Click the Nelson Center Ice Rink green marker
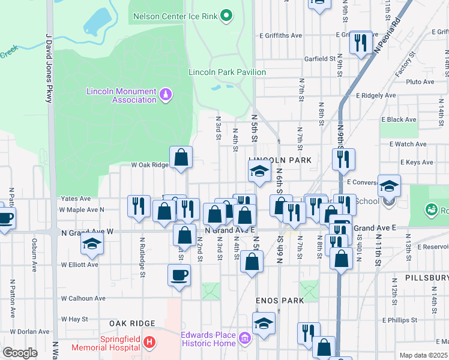[x=226, y=16]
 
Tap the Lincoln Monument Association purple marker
[x=166, y=95]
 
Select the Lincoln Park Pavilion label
[x=227, y=72]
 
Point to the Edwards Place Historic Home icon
[x=244, y=339]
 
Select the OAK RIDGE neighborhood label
[x=133, y=323]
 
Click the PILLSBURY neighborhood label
[x=426, y=278]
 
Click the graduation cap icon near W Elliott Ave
[x=92, y=244]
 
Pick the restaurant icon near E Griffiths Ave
[x=361, y=41]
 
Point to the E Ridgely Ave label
[x=375, y=95]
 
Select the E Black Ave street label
[x=402, y=119]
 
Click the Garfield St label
[x=319, y=59]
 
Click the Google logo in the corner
[x=20, y=353]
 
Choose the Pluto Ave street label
[x=420, y=82]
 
